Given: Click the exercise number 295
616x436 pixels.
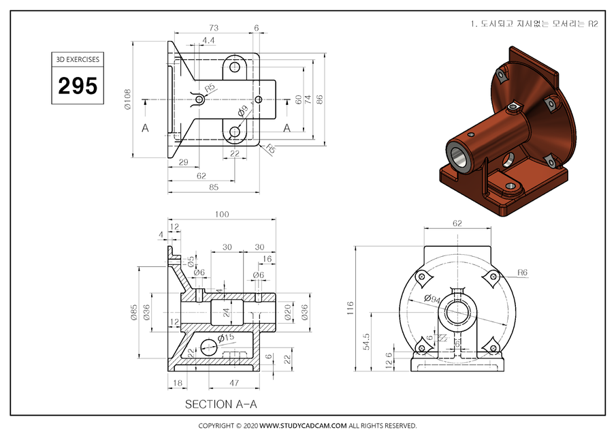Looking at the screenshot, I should click(77, 86).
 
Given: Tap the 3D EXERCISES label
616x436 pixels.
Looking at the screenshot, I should click(77, 59).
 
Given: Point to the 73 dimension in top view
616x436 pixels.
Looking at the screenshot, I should click(213, 28).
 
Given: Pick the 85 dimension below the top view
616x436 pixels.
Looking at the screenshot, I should click(213, 187).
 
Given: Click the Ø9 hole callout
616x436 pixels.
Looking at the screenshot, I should click(242, 111).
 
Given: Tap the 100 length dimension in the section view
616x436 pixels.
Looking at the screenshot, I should click(221, 215).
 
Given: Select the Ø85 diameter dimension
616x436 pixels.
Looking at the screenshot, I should click(135, 312).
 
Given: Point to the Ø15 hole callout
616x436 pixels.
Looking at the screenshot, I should click(225, 337).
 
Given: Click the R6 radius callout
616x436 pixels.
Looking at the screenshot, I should click(522, 272).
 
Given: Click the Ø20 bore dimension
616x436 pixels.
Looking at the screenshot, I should click(287, 312).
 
